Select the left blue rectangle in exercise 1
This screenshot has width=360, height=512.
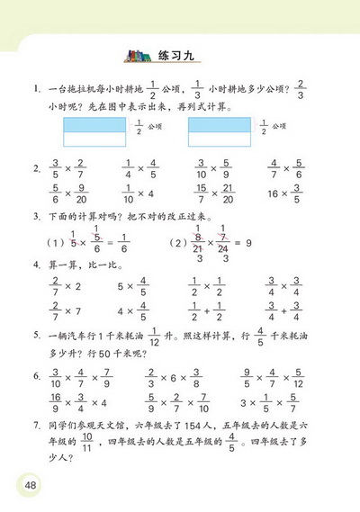tap(98, 133)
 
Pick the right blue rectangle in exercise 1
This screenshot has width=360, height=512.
tap(221, 133)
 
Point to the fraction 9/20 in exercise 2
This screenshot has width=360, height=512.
tap(82, 194)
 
